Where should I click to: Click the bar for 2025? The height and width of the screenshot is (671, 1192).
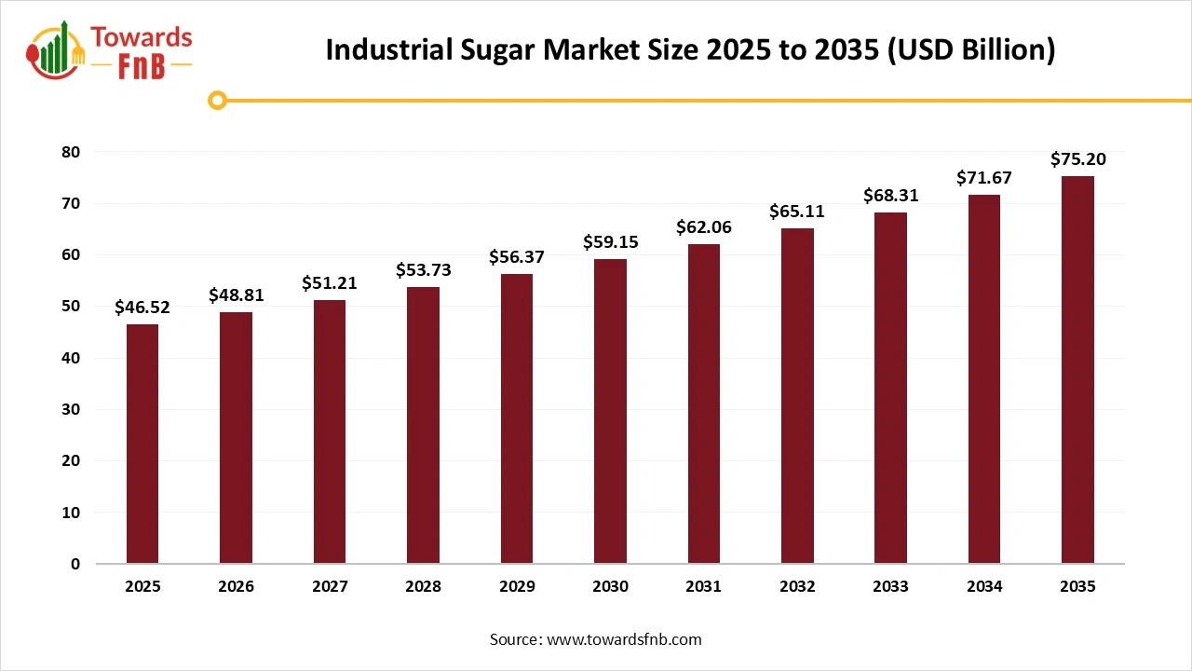(x=142, y=444)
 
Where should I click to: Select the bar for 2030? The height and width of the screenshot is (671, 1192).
(x=610, y=411)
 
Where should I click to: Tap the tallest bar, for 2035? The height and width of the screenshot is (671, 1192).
(x=1077, y=370)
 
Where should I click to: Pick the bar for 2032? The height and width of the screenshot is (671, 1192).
(x=797, y=396)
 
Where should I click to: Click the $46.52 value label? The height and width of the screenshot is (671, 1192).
(x=142, y=307)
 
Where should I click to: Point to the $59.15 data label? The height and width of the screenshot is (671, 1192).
(x=610, y=242)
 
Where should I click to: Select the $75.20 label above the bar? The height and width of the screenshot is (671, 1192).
(x=1077, y=159)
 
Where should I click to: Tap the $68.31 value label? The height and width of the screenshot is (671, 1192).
(x=890, y=196)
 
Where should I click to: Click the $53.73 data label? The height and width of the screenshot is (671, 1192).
(x=423, y=270)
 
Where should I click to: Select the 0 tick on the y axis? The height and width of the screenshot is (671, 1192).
(x=75, y=565)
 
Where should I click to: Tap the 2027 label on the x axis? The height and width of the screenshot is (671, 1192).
(x=330, y=587)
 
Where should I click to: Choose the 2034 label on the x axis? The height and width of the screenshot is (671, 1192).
(x=984, y=587)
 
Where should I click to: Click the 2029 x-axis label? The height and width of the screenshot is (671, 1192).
(x=517, y=587)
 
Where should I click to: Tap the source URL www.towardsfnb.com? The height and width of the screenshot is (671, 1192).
(x=624, y=639)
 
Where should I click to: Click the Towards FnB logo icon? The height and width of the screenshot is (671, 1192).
(x=56, y=51)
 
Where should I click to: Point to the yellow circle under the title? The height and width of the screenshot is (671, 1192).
(x=217, y=100)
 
